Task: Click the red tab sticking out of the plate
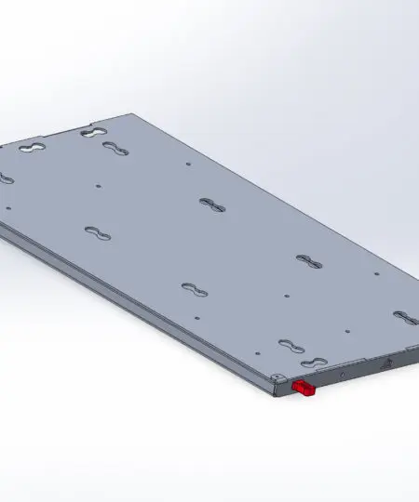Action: point(304,388)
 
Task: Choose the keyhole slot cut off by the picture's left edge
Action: point(5,178)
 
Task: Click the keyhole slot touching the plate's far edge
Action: point(94,134)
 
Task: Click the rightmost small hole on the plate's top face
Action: point(374,274)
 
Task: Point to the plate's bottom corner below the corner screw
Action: point(278,393)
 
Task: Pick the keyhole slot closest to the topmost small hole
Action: point(94,134)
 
